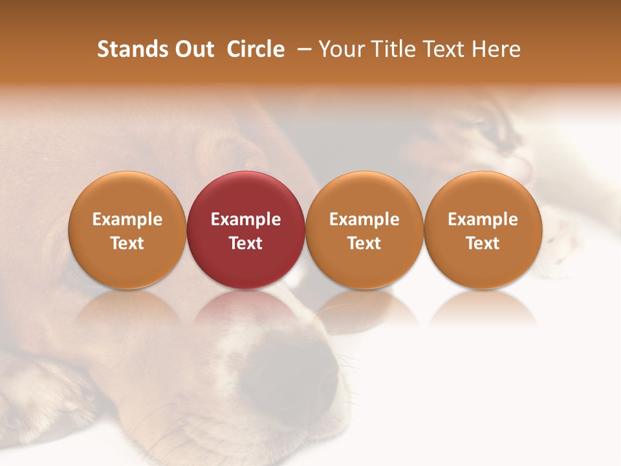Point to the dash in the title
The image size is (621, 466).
[x=301, y=50]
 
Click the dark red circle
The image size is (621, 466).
[x=246, y=194]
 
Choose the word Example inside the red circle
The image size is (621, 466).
[x=246, y=219]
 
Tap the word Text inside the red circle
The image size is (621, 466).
[x=246, y=243]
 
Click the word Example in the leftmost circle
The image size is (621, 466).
[x=127, y=219]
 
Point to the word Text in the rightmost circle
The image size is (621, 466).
[x=483, y=243]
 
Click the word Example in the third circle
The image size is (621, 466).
[x=364, y=219]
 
